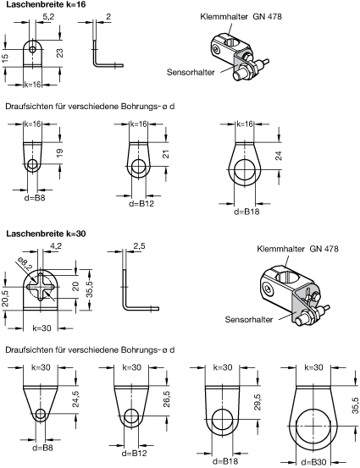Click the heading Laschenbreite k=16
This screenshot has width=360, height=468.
(x=46, y=5)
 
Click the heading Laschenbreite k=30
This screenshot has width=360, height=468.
(x=46, y=234)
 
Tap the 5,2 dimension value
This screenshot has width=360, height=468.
(x=48, y=17)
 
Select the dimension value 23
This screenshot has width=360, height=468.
(x=60, y=53)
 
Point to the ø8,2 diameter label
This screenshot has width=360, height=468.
(x=25, y=263)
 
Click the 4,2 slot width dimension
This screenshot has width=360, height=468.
(x=56, y=246)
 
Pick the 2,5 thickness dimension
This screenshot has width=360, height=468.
(x=139, y=246)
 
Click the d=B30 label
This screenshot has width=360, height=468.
(x=313, y=462)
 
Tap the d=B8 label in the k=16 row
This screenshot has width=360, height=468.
(x=35, y=197)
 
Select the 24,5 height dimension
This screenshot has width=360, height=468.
(x=75, y=399)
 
